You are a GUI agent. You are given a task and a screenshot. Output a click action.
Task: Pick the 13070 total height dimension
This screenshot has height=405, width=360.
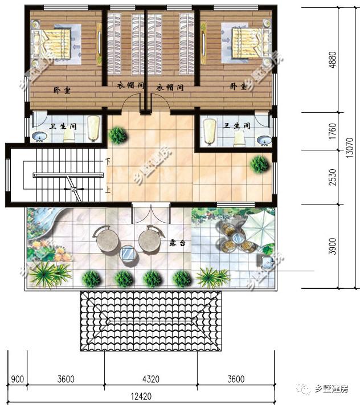click(350, 150)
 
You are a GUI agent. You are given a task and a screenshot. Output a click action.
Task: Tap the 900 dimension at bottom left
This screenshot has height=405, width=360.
click(17, 379)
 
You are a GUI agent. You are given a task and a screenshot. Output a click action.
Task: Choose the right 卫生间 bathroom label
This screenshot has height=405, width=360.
click(237, 125)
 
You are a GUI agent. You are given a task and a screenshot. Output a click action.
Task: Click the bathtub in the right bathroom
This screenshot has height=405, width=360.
click(210, 132)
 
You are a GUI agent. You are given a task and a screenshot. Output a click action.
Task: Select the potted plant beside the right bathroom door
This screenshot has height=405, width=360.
click(259, 164)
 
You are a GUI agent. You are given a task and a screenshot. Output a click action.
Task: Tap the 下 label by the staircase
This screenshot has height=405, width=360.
click(108, 161)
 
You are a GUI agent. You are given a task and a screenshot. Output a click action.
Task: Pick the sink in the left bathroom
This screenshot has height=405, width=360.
click(41, 136)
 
